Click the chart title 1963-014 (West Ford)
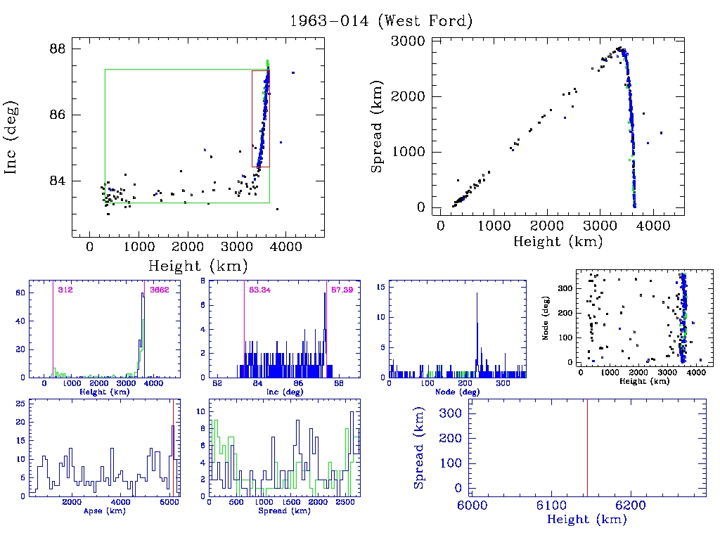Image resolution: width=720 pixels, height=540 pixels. tap(381, 20)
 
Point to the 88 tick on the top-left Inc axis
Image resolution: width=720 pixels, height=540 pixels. tap(58, 49)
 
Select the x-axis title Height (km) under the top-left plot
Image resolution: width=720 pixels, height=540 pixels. tap(198, 266)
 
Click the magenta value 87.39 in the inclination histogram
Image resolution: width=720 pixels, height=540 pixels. tap(342, 289)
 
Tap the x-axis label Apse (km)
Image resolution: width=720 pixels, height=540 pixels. tap(103, 510)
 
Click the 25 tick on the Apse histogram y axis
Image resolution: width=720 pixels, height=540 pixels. tap(21, 404)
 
